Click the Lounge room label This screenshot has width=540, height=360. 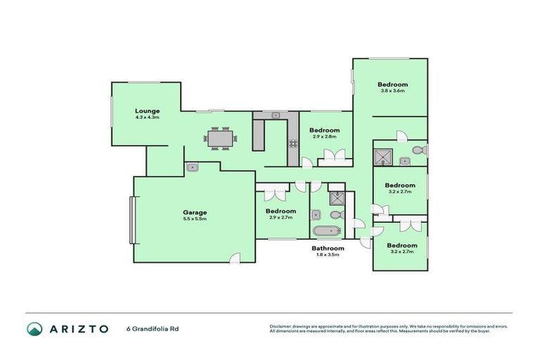coord(148,110)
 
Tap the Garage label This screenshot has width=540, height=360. coord(195,212)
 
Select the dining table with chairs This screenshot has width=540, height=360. coord(221,139)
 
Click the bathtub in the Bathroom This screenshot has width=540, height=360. coord(326,232)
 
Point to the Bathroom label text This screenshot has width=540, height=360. coord(328,248)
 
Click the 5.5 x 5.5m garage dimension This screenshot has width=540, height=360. coord(195,219)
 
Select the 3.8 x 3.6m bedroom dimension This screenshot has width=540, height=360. coord(392,91)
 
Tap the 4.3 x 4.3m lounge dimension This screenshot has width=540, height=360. coord(148,117)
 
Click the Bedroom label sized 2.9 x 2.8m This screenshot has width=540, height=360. coord(325,130)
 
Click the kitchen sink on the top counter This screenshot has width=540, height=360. coord(276,115)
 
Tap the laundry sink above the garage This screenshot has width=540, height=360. coord(192,167)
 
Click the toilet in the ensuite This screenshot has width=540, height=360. coord(418,150)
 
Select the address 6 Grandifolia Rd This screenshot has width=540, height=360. coord(150,329)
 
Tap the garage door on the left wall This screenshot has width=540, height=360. coord(131,220)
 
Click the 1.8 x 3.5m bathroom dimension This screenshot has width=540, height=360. coord(328,255)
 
